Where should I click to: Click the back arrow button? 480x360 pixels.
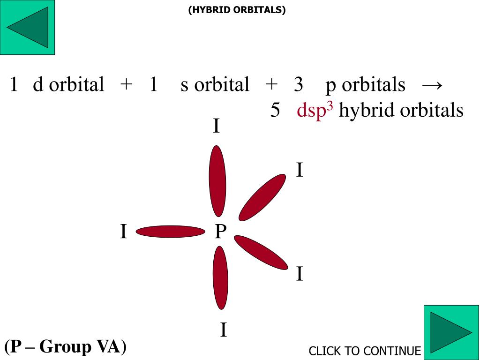point(28,27)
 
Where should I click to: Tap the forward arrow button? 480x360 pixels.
point(451,332)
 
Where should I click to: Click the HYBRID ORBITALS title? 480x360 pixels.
point(237,10)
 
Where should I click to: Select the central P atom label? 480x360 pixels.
point(220,231)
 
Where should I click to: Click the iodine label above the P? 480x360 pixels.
point(216,127)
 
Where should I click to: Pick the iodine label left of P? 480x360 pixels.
point(123,232)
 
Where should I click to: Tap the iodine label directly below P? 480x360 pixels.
point(224,330)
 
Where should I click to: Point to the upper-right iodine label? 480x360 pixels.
point(300,170)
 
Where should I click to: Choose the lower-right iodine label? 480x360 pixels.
point(300,274)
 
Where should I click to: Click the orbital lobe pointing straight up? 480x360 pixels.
point(217,181)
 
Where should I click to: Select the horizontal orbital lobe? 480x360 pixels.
point(171,232)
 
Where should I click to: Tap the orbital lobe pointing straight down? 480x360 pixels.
point(220,277)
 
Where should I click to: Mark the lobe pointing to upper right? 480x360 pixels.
point(262,197)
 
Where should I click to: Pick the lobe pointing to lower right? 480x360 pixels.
point(261,252)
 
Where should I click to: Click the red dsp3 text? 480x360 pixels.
point(315,111)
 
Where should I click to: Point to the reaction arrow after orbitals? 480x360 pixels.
point(432,85)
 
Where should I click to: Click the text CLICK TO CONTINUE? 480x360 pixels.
point(365,351)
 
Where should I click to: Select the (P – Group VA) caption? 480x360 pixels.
point(66,346)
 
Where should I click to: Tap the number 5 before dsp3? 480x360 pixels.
point(275,111)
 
